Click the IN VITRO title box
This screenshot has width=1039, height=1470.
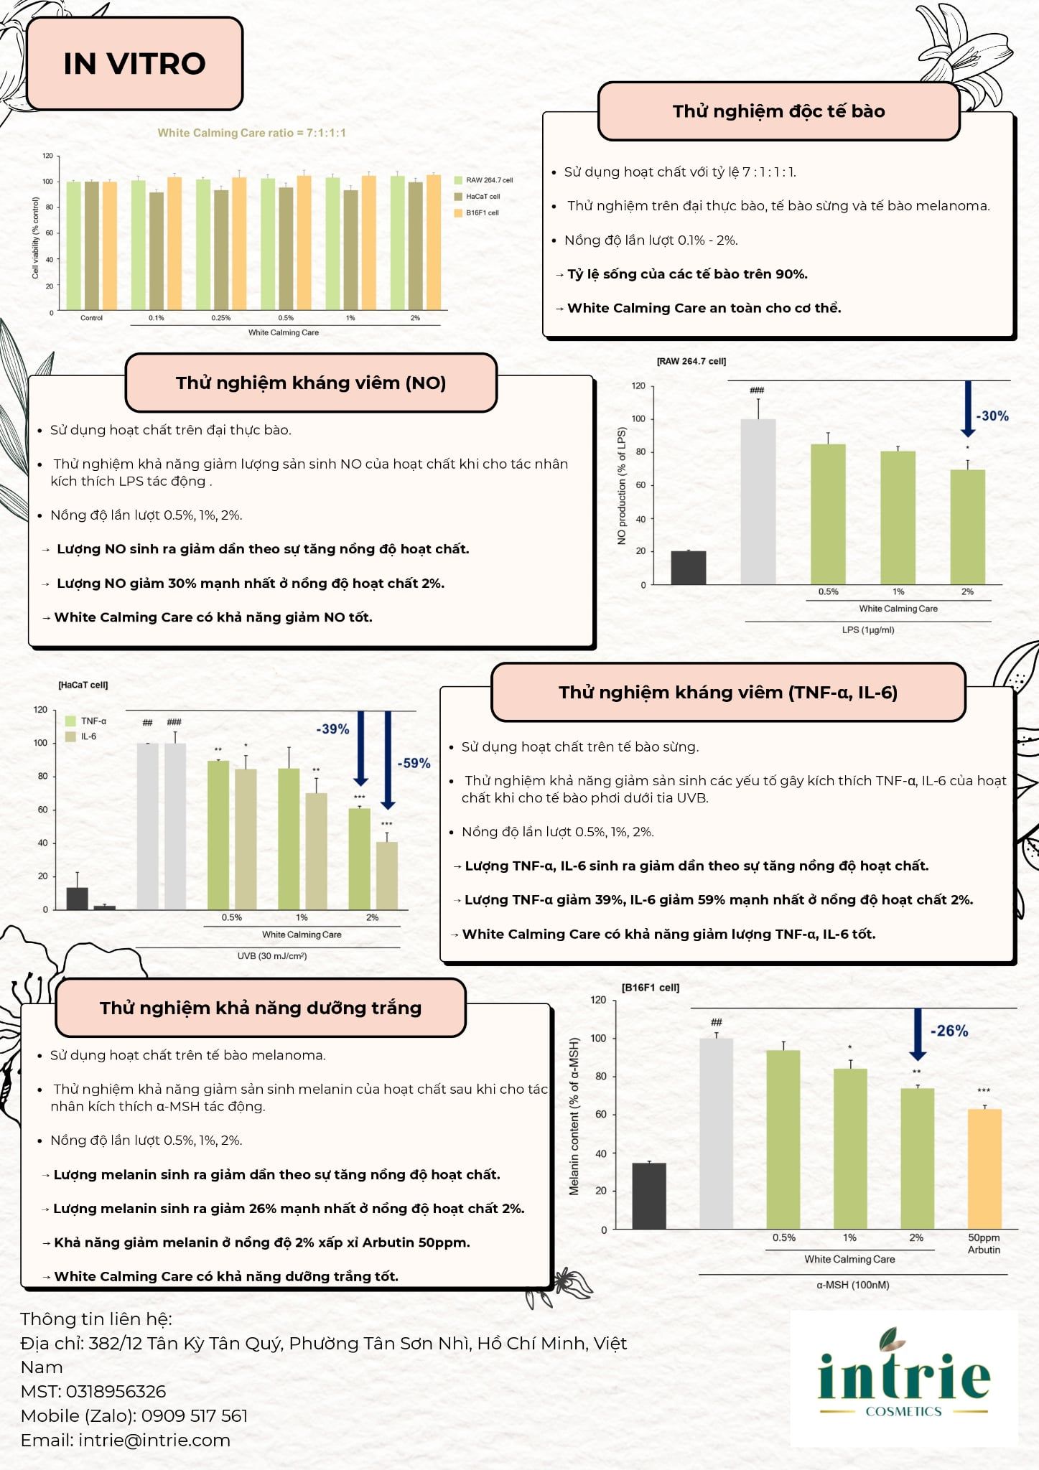coord(134,64)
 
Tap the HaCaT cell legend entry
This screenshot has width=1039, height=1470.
coord(477,196)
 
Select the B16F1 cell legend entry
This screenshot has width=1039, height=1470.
coord(477,212)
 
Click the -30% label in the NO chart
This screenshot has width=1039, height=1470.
coord(992,416)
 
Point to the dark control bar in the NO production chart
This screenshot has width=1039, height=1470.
coord(689,568)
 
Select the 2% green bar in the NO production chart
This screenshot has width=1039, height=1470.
coord(967,527)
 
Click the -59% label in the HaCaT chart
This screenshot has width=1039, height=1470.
coord(414,763)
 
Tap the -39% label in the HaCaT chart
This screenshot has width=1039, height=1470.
coord(333,729)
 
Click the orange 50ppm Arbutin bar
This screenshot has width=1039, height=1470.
coord(984,1169)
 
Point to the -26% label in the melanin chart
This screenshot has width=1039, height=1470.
coord(949,1031)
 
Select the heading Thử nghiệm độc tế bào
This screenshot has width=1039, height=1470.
coord(779,111)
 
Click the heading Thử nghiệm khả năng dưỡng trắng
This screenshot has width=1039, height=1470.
coord(261,1008)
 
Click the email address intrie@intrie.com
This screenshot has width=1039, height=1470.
coord(154,1440)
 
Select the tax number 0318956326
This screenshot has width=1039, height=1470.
coord(116,1391)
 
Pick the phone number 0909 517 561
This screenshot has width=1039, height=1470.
coord(195,1415)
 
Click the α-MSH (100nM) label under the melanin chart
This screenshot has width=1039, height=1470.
coord(852,1285)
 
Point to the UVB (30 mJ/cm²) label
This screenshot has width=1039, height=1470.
coord(272,956)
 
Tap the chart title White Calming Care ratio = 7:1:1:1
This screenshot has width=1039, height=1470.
coord(252,133)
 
